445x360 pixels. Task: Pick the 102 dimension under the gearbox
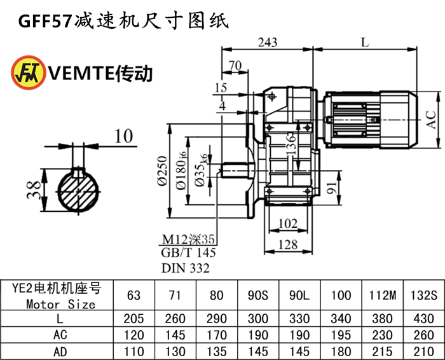tap(289, 223)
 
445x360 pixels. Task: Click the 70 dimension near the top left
tap(235, 65)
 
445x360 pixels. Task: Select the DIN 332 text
tap(186, 268)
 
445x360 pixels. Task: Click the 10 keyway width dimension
tap(125, 135)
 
